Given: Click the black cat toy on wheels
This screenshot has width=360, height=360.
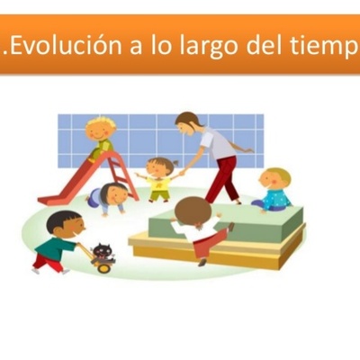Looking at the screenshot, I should [x=103, y=256].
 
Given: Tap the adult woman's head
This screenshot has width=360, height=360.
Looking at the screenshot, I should [x=186, y=122].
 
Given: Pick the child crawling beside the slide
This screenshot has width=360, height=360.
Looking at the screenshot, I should [x=112, y=197].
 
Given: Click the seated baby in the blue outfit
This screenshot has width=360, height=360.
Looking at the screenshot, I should [x=275, y=190].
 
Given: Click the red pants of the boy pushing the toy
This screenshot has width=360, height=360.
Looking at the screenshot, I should [x=48, y=260].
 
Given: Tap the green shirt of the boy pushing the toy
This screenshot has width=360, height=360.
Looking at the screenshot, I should [x=58, y=244].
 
